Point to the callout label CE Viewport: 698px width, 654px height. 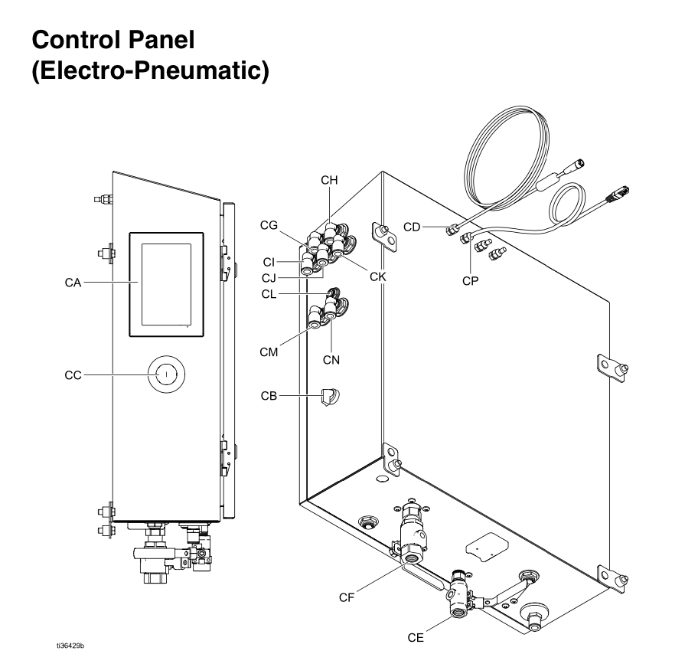(x=434, y=636)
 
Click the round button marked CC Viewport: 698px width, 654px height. (x=164, y=374)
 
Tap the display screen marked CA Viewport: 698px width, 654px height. (x=167, y=283)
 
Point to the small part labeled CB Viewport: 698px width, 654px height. (x=331, y=397)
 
